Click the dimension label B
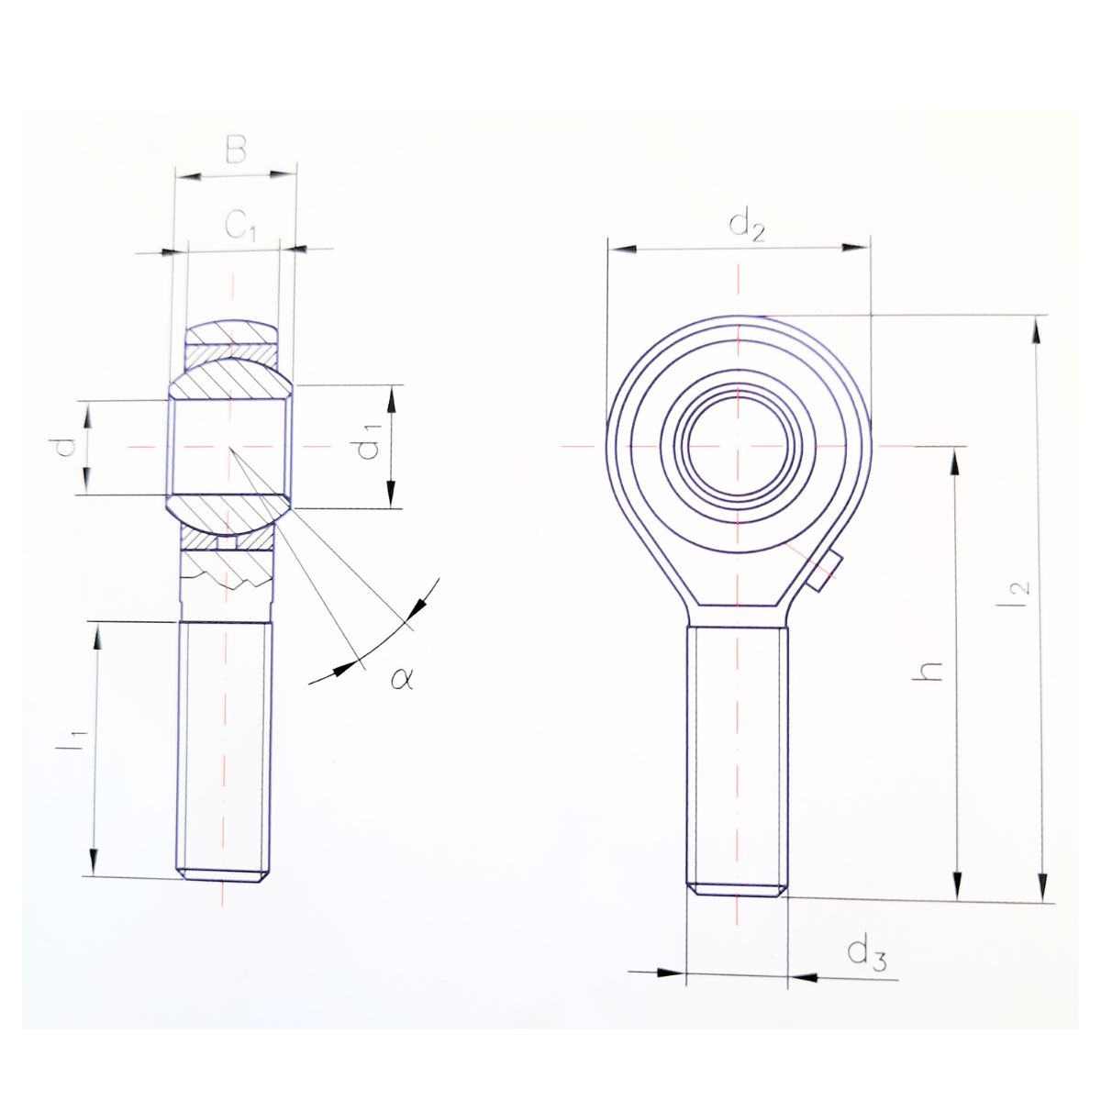(236, 150)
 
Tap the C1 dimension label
(240, 226)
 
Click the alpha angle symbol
(402, 678)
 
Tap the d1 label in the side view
(369, 441)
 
